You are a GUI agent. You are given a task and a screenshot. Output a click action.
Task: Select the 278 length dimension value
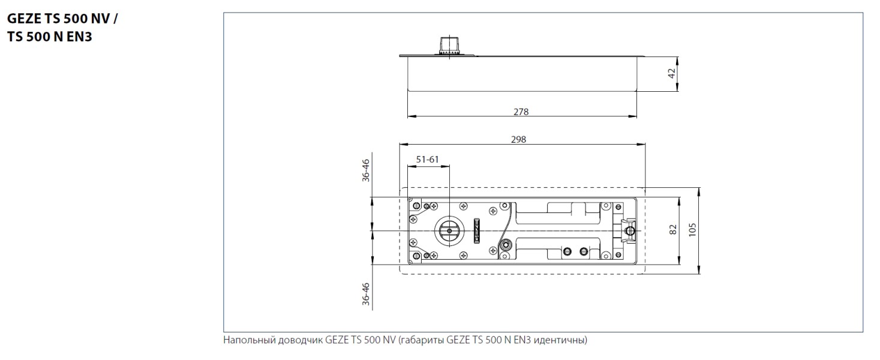(521, 112)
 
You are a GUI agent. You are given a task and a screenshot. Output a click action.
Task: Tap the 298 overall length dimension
(518, 139)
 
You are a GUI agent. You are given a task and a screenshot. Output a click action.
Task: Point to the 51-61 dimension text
(428, 159)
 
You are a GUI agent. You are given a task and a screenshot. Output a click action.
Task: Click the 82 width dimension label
(672, 230)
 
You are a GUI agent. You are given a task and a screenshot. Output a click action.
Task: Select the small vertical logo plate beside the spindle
(477, 230)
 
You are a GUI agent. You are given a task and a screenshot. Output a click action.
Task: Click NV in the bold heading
(103, 18)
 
